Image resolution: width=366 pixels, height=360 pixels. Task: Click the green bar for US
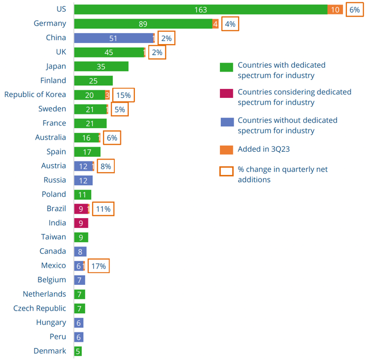tap(201, 9)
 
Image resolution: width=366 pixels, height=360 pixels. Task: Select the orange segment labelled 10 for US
tap(335, 9)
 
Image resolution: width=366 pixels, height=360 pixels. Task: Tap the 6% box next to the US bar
tap(354, 9)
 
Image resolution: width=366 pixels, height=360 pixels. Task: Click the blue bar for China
tap(113, 38)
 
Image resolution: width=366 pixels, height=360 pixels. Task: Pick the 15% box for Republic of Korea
tap(123, 95)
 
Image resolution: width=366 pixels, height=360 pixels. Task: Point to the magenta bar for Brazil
tap(81, 209)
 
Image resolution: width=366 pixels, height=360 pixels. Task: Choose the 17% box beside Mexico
tap(99, 266)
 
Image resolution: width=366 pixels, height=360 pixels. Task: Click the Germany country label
tap(50, 24)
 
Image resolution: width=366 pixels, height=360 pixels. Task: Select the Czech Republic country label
tap(40, 309)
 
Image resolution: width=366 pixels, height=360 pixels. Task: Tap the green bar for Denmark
tap(78, 351)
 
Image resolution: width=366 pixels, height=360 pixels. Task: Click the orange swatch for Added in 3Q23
tap(226, 150)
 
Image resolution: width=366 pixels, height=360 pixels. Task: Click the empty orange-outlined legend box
tap(226, 171)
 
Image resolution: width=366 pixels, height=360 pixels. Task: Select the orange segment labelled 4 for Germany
tap(215, 24)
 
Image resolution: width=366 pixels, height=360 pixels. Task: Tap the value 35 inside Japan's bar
tap(101, 67)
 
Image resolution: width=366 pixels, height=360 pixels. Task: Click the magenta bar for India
tap(81, 223)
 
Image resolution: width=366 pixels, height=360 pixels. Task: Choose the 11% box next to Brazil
tap(103, 209)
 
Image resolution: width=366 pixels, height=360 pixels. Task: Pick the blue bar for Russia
tap(83, 180)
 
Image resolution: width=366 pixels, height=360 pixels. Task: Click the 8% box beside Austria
tap(104, 166)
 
